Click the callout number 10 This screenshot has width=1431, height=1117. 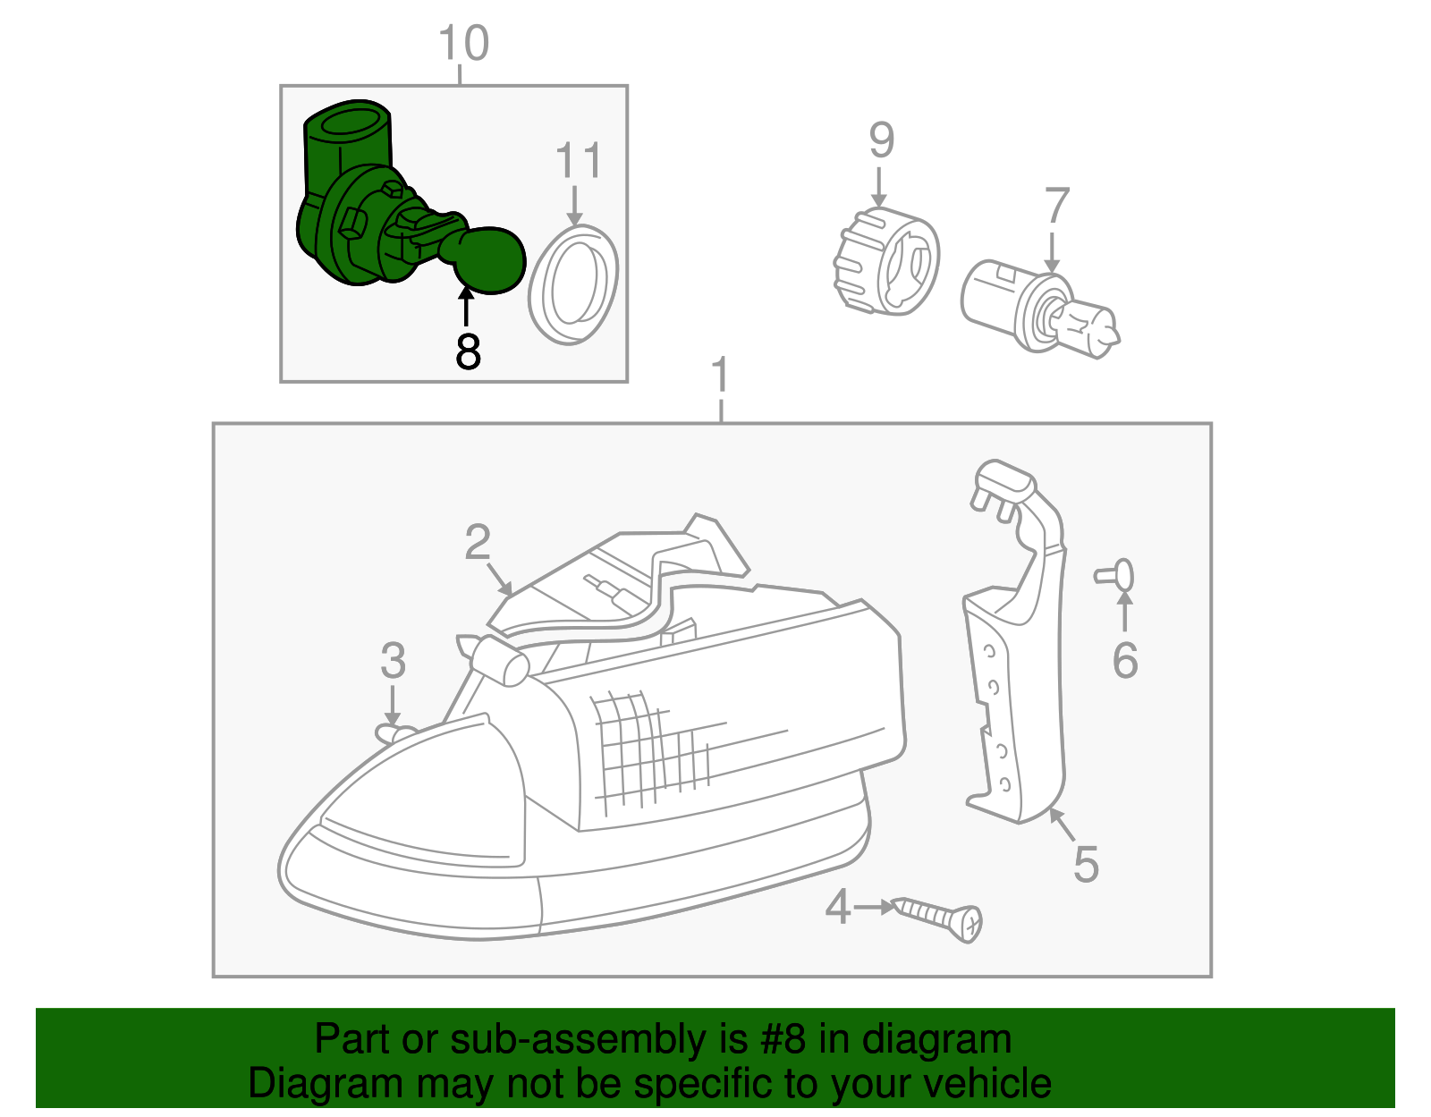pyautogui.click(x=463, y=43)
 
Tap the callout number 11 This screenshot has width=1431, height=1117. pyautogui.click(x=578, y=161)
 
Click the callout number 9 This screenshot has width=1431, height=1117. pyautogui.click(x=881, y=141)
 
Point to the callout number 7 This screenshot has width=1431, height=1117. pyautogui.click(x=1056, y=207)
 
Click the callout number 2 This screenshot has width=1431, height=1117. pyautogui.click(x=478, y=543)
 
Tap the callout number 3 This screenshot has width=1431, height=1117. pyautogui.click(x=393, y=662)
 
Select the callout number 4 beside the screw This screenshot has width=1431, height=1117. pyautogui.click(x=837, y=907)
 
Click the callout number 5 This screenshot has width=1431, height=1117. pyautogui.click(x=1085, y=864)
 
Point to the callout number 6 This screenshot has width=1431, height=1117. pyautogui.click(x=1124, y=661)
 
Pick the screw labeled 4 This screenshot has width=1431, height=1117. pyautogui.click(x=939, y=918)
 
